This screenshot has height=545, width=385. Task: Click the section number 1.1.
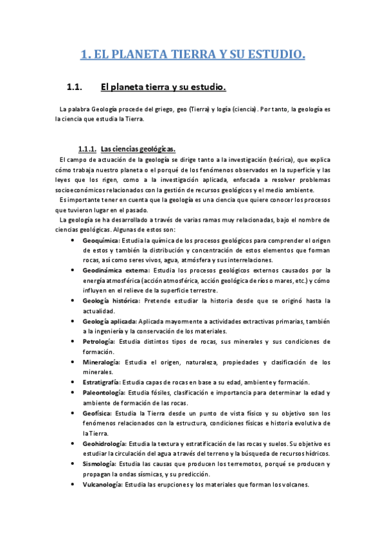76,87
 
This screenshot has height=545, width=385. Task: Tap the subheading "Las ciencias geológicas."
138,148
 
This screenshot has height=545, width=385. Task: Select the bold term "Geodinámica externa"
112,271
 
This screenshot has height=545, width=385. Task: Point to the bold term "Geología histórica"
111,300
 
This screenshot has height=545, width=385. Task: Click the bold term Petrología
98,341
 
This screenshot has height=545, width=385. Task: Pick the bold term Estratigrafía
102,382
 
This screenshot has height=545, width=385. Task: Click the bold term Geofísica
97,413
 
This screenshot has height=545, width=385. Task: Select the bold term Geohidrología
105,443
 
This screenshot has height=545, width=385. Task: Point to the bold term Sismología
99,463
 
